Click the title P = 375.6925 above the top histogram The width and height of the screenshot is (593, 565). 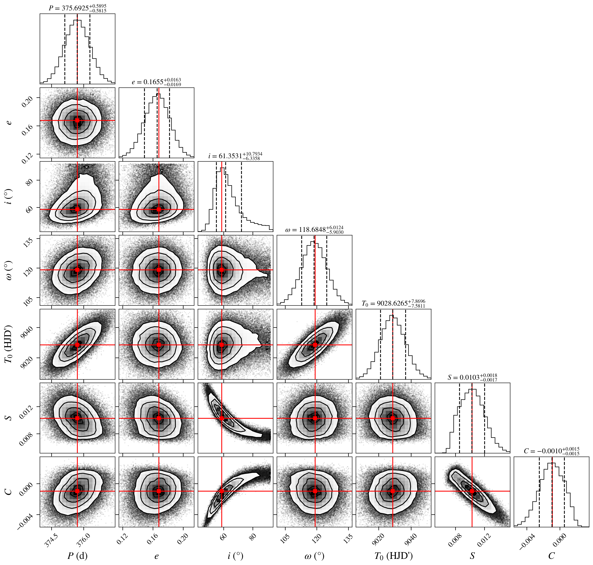click(78, 8)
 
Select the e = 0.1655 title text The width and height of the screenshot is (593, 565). click(156, 82)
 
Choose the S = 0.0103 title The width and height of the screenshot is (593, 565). click(472, 377)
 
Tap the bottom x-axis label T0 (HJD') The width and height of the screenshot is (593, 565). click(393, 556)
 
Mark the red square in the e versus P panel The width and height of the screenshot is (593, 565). click(77, 120)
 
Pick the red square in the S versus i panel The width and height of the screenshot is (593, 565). click(222, 418)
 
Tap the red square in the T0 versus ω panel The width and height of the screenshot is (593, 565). click(315, 344)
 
